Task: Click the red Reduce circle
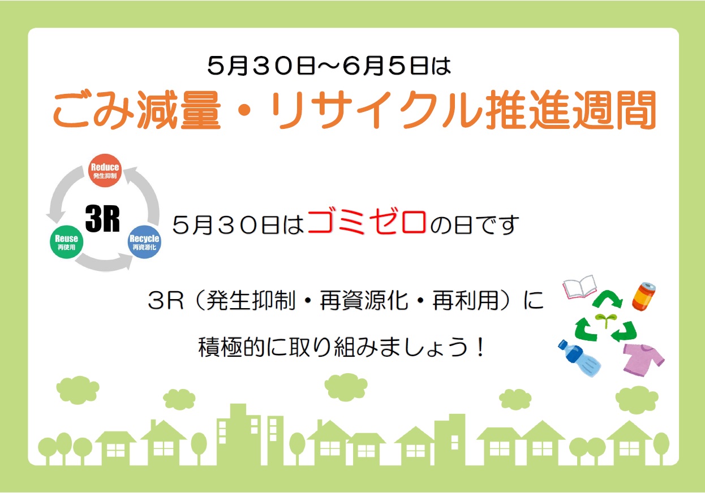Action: point(105,170)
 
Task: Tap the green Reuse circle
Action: point(66,243)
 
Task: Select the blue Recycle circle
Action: point(144,242)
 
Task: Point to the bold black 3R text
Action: point(102,219)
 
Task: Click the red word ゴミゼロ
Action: point(367,222)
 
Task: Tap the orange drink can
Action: point(644,296)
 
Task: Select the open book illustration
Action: point(579,287)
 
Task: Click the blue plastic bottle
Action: point(579,358)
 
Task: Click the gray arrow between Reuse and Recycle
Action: point(105,262)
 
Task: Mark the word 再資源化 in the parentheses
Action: point(364,300)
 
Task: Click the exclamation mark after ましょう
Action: point(480,347)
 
